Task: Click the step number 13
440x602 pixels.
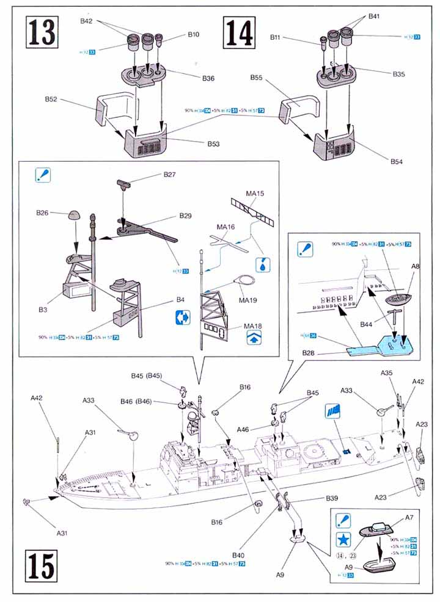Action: [40, 34]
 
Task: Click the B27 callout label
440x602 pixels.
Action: [169, 175]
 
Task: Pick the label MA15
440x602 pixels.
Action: [255, 194]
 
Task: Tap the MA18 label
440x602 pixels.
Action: [252, 326]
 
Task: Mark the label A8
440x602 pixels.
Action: [415, 266]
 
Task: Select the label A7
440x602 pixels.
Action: [409, 517]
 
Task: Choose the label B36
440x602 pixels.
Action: [208, 78]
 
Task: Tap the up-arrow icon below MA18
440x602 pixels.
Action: [252, 340]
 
